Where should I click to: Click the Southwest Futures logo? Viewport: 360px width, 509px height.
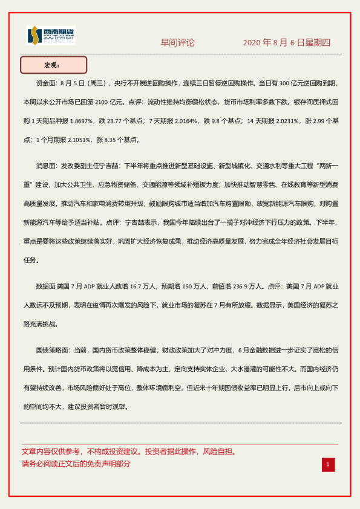pos(51,36)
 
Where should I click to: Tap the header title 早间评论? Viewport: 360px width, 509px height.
pos(177,42)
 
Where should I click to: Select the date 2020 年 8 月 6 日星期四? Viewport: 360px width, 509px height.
pos(287,42)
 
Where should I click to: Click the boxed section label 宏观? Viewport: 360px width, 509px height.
pos(54,65)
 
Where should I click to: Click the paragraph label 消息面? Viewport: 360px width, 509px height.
pos(47,166)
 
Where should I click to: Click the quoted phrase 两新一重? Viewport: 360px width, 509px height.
pos(323,166)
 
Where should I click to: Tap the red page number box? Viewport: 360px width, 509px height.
pos(327,464)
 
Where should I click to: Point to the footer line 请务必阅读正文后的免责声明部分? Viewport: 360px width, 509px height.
pos(76,464)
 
